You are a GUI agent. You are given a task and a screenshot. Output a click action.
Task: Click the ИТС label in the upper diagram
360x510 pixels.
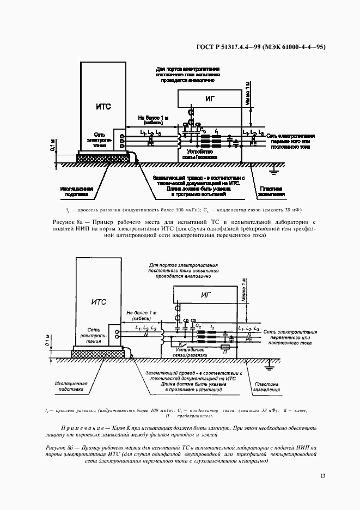(x=103, y=106)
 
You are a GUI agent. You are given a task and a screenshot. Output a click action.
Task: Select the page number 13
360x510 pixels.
(x=322, y=477)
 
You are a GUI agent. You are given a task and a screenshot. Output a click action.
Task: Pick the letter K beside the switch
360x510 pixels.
(x=173, y=344)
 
